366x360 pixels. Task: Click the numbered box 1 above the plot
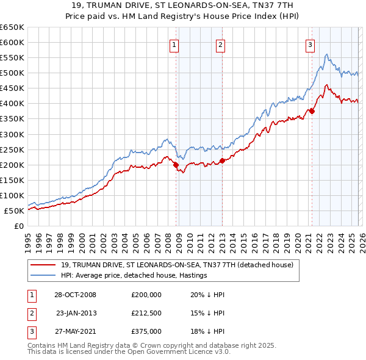(174, 44)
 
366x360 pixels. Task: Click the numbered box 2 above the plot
(220, 44)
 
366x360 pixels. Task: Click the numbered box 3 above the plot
(310, 44)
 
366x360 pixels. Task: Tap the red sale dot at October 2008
(176, 165)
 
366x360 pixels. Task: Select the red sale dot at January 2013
(222, 161)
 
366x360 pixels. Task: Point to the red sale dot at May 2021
(312, 111)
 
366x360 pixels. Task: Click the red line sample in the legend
(44, 265)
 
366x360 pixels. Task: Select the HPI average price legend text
(134, 275)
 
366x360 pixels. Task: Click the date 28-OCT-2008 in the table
(75, 295)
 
